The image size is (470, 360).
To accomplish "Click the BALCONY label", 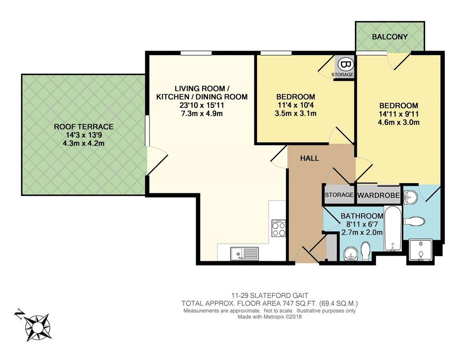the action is (390, 37).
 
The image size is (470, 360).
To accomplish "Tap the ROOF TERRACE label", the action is (84, 127).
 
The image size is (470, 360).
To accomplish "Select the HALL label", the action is (310, 158).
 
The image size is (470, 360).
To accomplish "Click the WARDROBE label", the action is (379, 196).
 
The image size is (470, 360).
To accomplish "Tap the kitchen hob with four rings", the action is (279, 228).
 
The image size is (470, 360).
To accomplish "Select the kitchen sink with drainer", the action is (244, 253).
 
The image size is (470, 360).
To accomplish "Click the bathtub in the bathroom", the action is (393, 229).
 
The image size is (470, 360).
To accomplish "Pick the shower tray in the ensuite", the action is (421, 250).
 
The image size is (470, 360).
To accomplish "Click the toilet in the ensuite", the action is (414, 221).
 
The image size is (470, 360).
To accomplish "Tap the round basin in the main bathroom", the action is (350, 255).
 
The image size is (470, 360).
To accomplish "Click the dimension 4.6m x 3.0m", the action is (399, 122).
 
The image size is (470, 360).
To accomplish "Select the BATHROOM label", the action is (362, 216).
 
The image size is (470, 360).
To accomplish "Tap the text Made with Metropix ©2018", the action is (269, 317).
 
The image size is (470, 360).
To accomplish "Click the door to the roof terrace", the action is (157, 160).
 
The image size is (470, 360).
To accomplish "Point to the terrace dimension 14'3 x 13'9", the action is (84, 135).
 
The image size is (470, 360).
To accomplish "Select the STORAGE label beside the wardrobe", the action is (339, 195).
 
